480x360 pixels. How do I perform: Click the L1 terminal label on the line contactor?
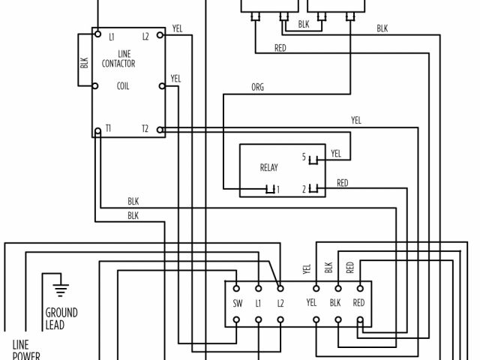coord(111,36)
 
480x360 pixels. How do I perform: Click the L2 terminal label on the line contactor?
coord(145,36)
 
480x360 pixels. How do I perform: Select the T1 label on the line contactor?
coord(109,129)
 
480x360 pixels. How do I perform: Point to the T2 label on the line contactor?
coord(145,129)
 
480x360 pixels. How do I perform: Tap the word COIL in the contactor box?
coord(124,85)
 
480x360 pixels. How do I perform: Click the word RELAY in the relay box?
coord(268,168)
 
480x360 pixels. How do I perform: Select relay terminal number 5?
coord(304,157)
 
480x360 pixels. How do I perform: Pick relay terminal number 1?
coord(277,189)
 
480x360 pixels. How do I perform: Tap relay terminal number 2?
coord(304,189)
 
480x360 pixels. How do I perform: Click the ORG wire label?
coord(257,88)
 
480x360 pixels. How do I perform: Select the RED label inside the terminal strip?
coord(358,303)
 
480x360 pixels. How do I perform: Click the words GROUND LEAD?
coord(61,319)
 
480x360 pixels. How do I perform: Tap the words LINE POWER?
coord(25,350)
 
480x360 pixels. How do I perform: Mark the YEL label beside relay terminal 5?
coord(336,154)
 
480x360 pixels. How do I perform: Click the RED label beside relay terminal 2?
coord(342,183)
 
